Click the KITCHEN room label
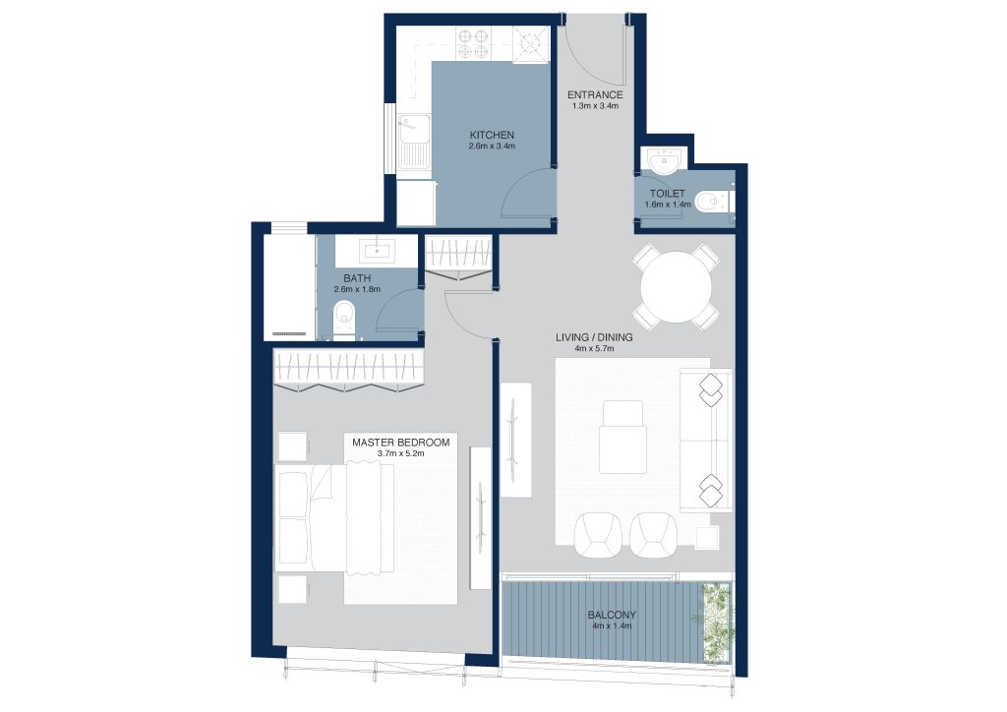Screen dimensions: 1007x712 [x=492, y=136]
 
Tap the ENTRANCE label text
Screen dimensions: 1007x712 [x=595, y=95]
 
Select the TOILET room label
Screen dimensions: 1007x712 [x=668, y=194]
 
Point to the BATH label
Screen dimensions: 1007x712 [x=357, y=278]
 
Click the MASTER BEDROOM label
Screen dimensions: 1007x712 [x=401, y=443]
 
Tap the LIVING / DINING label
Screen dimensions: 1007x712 [x=594, y=337]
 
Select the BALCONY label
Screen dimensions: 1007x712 [x=612, y=615]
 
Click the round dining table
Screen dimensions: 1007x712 [x=676, y=286]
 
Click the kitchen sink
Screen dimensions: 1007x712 [x=414, y=141]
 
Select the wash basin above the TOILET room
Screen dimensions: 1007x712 [x=666, y=160]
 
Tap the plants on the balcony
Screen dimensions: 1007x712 [x=717, y=623]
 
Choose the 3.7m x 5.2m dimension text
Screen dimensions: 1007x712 [x=401, y=453]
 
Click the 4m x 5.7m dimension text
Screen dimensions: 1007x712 [x=594, y=348]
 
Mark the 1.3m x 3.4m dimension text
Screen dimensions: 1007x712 [x=595, y=106]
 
